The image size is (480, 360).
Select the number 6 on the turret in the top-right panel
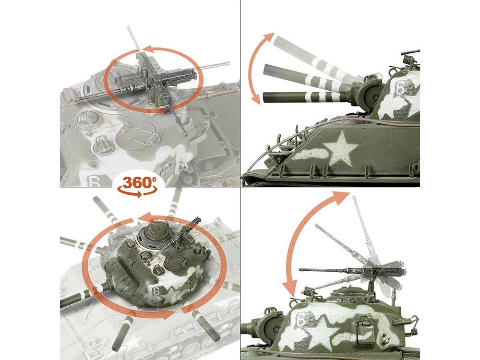click(400, 87)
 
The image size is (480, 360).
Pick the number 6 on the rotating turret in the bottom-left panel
click(156, 291)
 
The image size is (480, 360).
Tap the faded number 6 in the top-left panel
click(94, 181)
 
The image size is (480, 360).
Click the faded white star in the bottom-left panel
click(132, 343)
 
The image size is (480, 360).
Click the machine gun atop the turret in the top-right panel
click(409, 58)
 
